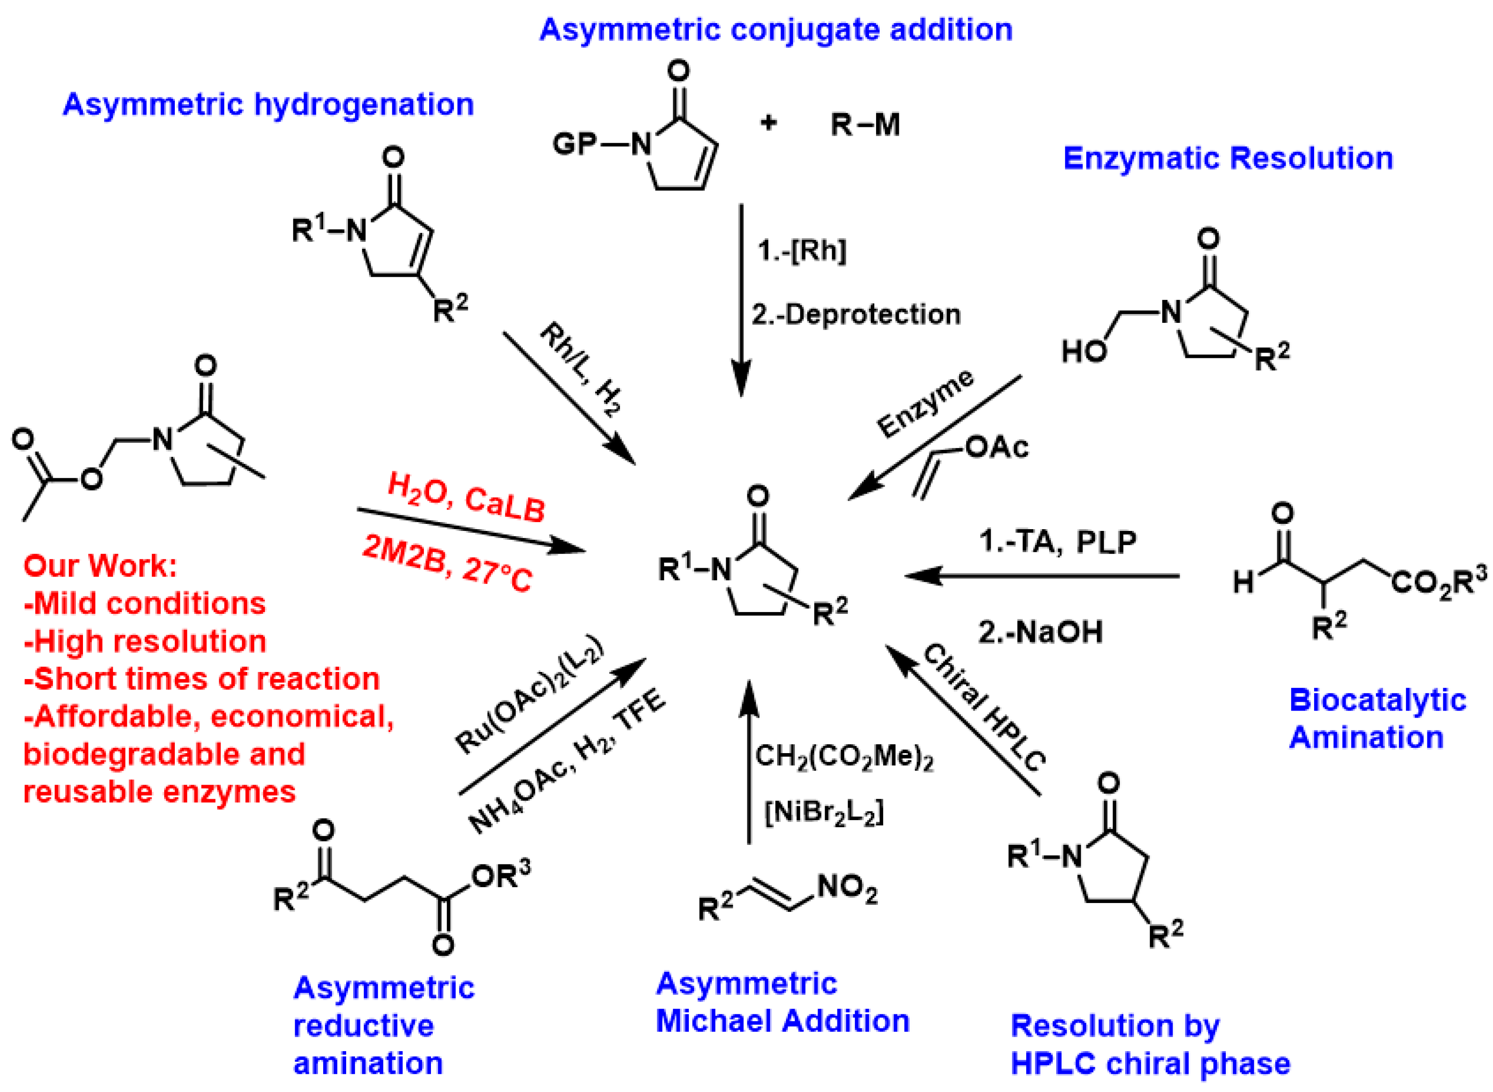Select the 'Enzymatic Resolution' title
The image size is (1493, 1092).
click(1228, 159)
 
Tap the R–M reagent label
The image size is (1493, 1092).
click(865, 124)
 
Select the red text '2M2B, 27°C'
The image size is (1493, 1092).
click(447, 564)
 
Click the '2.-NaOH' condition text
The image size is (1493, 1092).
click(1040, 632)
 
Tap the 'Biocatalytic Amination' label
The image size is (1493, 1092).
click(1377, 719)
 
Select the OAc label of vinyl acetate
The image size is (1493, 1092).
click(996, 448)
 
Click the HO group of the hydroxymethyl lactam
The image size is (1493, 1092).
click(1083, 352)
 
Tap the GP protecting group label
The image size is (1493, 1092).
click(574, 143)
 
